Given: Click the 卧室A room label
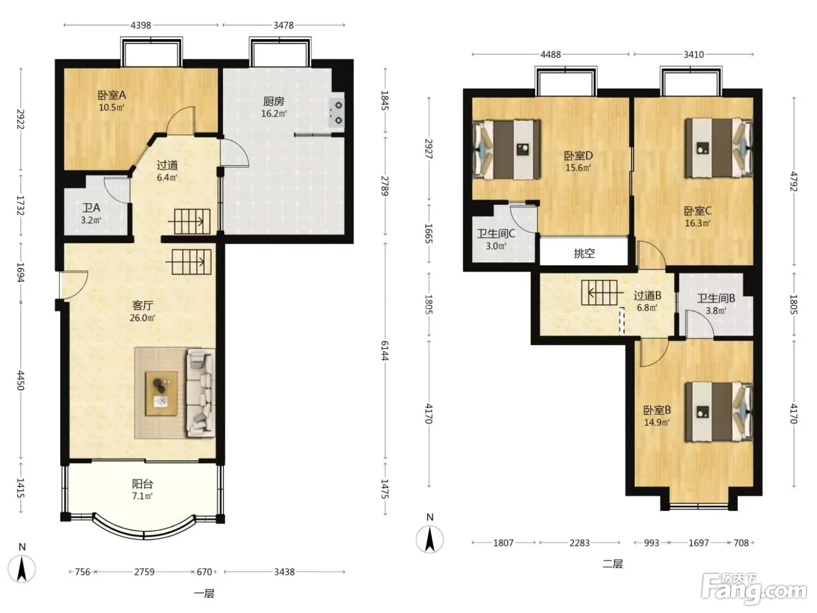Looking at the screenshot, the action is (x=111, y=95).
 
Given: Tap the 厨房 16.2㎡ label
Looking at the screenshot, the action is (x=274, y=107).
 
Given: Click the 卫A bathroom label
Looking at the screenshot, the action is (x=91, y=208).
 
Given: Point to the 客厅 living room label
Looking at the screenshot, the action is (x=142, y=305).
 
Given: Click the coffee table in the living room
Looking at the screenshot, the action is (x=162, y=393).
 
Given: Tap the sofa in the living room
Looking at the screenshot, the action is (x=201, y=392).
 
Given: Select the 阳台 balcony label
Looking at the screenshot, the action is (x=142, y=484).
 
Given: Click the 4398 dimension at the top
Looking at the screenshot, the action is (x=141, y=25).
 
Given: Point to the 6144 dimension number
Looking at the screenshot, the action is (x=385, y=350).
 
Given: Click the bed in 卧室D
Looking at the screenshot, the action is (x=507, y=149).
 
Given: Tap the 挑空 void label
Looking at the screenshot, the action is (x=584, y=253).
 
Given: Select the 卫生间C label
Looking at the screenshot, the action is (x=496, y=234).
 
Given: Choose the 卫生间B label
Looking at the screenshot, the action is (x=716, y=298).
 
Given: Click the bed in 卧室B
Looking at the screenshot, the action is (x=719, y=412).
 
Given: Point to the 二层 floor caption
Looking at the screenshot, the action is (x=613, y=564).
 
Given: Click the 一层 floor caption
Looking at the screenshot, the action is (x=204, y=593).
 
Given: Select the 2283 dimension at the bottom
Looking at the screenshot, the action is (x=579, y=543).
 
